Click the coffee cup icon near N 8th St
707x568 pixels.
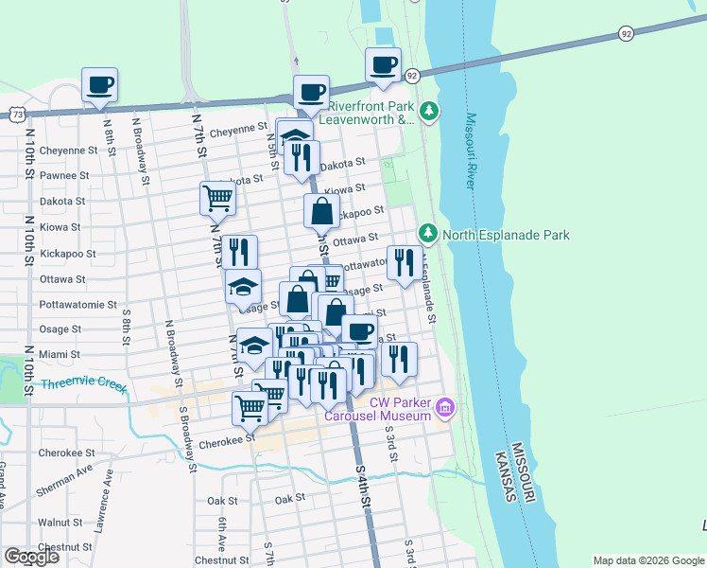tap(99, 86)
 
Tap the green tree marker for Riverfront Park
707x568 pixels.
tap(430, 112)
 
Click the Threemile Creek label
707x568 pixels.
tap(84, 385)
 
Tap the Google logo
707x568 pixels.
tap(32, 556)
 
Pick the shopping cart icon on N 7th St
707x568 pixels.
tap(217, 199)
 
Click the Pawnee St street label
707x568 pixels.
tap(64, 175)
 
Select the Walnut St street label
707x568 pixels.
tap(60, 522)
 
